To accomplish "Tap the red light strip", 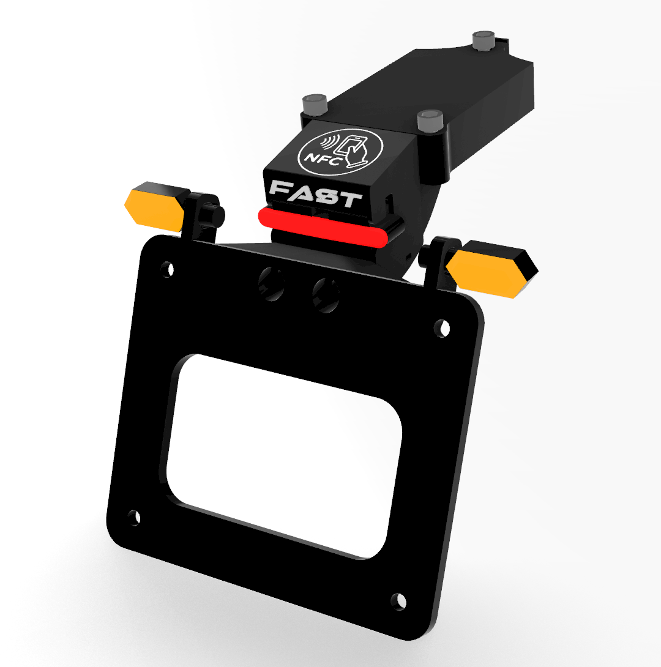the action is click(323, 228).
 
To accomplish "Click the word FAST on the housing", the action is click(315, 194).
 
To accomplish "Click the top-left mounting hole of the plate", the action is click(167, 269).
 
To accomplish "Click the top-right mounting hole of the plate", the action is click(442, 328).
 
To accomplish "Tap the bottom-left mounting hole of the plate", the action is click(135, 518).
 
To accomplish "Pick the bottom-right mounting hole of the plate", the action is click(398, 602).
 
